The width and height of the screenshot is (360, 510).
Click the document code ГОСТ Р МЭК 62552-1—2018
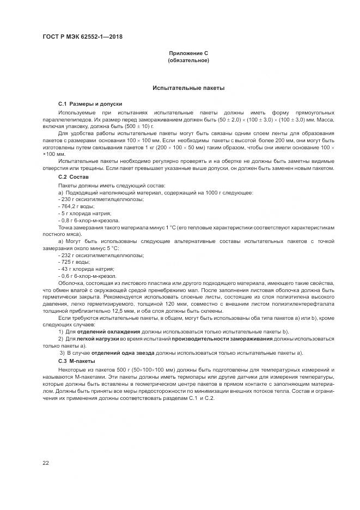click(x=82, y=37)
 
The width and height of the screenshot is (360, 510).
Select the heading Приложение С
click(x=188, y=53)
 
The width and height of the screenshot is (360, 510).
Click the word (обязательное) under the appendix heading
click(x=188, y=60)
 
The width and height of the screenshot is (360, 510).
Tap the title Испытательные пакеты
click(x=188, y=87)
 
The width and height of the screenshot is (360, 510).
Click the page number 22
click(x=46, y=463)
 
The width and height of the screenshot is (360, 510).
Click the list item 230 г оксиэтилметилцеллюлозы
click(x=93, y=199)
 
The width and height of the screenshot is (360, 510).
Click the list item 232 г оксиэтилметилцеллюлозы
click(x=93, y=255)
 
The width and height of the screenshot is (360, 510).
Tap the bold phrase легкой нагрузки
click(x=98, y=339)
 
